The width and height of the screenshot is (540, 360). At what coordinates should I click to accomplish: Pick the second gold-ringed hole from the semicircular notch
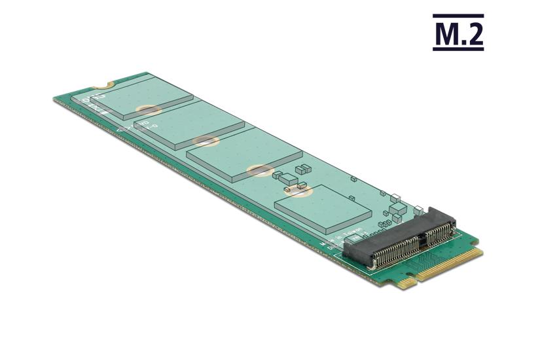pos(206,140)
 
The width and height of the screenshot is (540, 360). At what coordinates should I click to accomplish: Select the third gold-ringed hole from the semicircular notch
pos(259,170)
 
